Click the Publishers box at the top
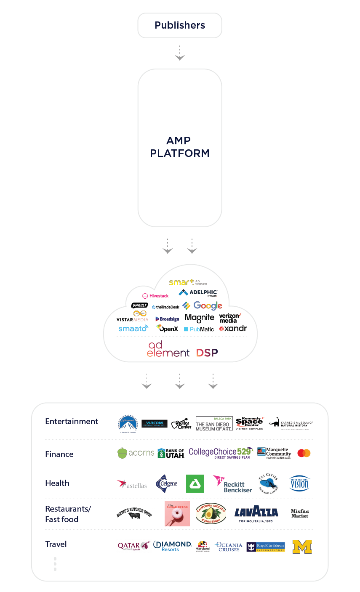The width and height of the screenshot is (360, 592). coord(180,25)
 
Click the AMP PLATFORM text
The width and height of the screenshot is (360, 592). coord(180,147)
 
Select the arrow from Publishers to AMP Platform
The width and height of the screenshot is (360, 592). coord(180,53)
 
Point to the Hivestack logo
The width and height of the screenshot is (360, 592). coord(155,296)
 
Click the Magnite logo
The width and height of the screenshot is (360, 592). coord(199,318)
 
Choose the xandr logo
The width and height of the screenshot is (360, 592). coord(233,329)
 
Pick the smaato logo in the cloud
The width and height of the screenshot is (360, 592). coord(133,328)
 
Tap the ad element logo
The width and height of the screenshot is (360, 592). coord(168,349)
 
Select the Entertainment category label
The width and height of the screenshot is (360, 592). coord(72,422)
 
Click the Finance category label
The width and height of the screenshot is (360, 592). coord(59,454)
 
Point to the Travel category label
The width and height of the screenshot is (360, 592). coord(56,544)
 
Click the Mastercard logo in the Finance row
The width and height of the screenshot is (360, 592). coord(304,453)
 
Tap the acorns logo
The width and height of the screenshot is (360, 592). coord(136,453)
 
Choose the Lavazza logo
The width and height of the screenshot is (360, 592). coord(256,513)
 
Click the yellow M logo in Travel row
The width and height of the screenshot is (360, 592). coord(302,547)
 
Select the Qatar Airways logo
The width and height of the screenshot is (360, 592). coord(133,546)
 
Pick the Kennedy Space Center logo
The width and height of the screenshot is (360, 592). coord(249,423)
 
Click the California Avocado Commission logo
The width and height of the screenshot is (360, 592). coord(211,513)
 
